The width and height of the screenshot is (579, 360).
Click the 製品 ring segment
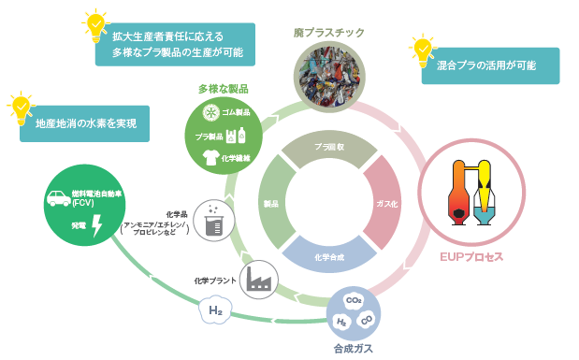point(272,202)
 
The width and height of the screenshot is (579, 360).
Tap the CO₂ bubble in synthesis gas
point(355,301)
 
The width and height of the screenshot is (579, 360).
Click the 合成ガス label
point(355,348)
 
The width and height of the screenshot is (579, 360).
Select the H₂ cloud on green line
point(216,310)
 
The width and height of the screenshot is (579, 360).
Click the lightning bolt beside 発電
point(96,228)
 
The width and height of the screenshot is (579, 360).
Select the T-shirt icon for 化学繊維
point(210,158)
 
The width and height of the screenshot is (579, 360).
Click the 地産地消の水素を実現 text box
point(85,123)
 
